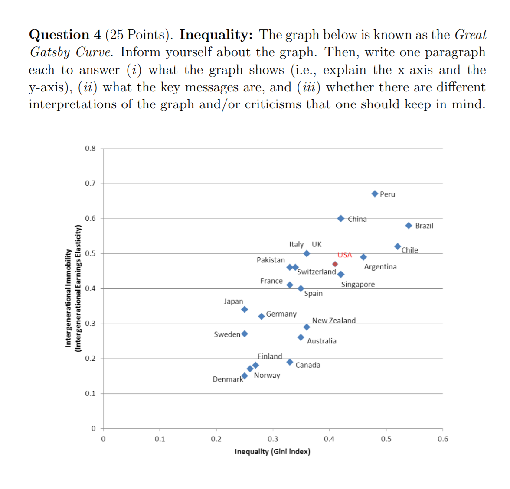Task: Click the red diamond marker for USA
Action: [x=335, y=264]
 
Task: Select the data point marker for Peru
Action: [x=375, y=194]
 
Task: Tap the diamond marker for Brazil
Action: [x=409, y=226]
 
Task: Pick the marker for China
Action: [x=341, y=218]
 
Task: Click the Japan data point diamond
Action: [x=245, y=309]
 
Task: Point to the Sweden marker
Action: [x=245, y=334]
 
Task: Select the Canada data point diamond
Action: [x=290, y=362]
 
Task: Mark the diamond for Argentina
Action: [x=363, y=257]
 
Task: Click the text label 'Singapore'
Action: [x=358, y=285]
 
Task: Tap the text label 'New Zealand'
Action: [x=333, y=321]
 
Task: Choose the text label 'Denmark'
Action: [x=228, y=379]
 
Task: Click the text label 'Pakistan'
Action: [x=271, y=260]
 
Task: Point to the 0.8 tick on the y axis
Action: [x=90, y=149]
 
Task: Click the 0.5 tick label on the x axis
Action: [x=386, y=439]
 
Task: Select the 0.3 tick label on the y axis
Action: [x=90, y=324]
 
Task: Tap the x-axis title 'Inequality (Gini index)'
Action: [x=272, y=452]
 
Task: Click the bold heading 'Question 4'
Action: [x=65, y=35]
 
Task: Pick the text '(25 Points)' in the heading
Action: [x=138, y=35]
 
